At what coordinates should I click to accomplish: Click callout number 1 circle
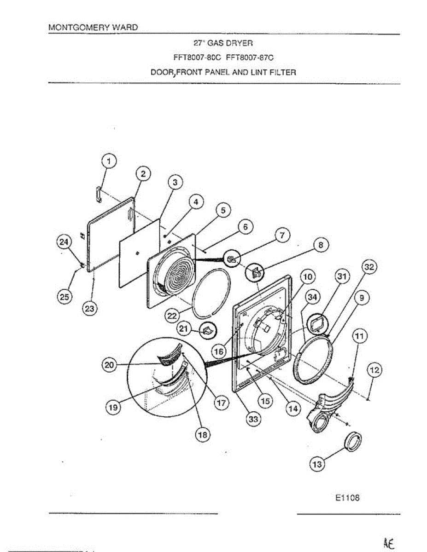coord(109,161)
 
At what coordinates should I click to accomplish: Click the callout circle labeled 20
coord(109,365)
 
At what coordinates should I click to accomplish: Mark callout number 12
coord(374,370)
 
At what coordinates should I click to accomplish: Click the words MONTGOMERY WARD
coord(93,27)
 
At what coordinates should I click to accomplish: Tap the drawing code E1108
coord(347,497)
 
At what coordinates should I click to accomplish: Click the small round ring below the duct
coord(353,443)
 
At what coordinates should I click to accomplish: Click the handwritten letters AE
coord(388,542)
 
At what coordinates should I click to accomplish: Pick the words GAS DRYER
coord(228,43)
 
